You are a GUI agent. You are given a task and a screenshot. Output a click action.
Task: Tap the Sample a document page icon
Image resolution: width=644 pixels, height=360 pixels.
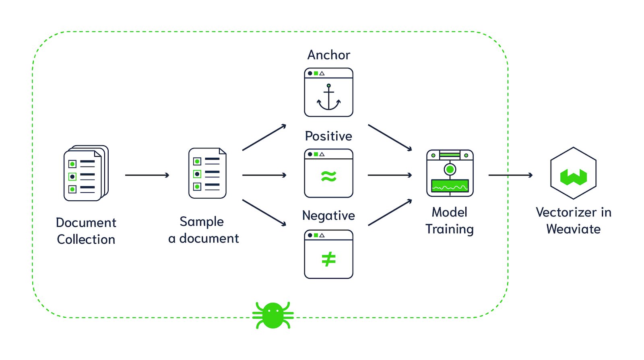(x=207, y=173)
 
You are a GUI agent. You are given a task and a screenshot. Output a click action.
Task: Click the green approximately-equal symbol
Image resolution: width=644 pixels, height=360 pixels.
(x=328, y=176)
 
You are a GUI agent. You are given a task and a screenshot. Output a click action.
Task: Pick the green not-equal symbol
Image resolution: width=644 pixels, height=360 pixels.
(x=328, y=259)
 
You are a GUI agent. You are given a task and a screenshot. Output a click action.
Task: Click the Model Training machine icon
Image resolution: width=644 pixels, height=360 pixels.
(x=450, y=173)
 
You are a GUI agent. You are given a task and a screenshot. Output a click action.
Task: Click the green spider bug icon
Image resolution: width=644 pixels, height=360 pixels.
(x=273, y=315)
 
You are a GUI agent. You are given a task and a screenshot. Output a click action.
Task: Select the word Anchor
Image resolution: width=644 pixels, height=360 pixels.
(x=328, y=55)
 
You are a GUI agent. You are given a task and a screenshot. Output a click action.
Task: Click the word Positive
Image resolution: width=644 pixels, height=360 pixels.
(x=328, y=136)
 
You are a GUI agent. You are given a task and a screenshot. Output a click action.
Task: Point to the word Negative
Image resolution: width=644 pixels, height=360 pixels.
(x=328, y=216)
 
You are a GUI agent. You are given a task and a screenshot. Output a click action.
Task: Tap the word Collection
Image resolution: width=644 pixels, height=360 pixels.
(x=86, y=239)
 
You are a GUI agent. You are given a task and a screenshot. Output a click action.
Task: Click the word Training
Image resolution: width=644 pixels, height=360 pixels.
(x=450, y=229)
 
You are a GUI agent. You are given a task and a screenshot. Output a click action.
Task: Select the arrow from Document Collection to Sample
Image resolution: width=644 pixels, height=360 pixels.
(x=147, y=175)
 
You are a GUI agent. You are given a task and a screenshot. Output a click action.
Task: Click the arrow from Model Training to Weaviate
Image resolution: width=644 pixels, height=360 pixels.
(x=510, y=175)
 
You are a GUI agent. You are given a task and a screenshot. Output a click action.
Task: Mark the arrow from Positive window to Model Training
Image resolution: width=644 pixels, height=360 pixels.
(x=390, y=175)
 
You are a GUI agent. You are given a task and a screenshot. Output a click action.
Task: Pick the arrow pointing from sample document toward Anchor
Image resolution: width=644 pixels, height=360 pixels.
(x=264, y=138)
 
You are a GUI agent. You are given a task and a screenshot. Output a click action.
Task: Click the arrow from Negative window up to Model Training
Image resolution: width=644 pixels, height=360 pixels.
(x=390, y=212)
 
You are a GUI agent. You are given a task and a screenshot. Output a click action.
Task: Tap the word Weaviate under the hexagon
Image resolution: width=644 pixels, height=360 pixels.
(x=573, y=229)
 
